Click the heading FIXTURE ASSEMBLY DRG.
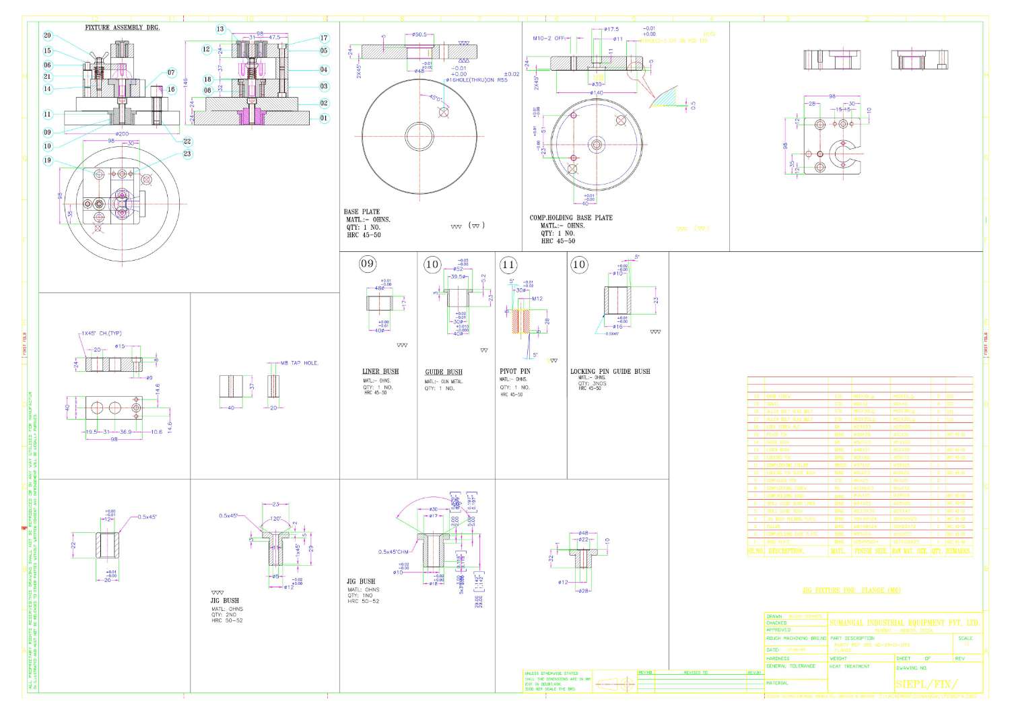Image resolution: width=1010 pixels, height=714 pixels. point(122,28)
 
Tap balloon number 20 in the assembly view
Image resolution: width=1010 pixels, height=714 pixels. point(47,36)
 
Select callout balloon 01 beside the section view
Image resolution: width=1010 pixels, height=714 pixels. point(324,118)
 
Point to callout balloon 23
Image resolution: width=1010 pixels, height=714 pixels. point(187,154)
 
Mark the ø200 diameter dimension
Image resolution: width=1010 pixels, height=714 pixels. point(121,134)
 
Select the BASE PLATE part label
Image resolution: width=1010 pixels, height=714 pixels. point(362,212)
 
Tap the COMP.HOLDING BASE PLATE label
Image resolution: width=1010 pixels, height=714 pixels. point(571,218)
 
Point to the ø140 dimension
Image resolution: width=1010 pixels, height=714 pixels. point(596,92)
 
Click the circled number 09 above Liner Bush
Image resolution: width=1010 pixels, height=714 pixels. point(367,263)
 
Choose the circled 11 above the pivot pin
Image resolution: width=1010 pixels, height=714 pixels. point(508,265)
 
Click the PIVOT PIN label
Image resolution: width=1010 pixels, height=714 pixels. point(514,371)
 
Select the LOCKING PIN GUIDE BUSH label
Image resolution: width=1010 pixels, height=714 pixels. point(610,371)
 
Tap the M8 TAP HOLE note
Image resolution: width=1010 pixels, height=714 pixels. point(299,363)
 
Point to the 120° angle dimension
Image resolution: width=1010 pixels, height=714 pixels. point(276,519)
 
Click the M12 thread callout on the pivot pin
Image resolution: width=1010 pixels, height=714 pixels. point(537,298)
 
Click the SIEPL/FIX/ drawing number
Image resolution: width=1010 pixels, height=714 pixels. point(925,684)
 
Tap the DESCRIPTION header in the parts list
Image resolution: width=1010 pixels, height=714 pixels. point(786,551)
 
